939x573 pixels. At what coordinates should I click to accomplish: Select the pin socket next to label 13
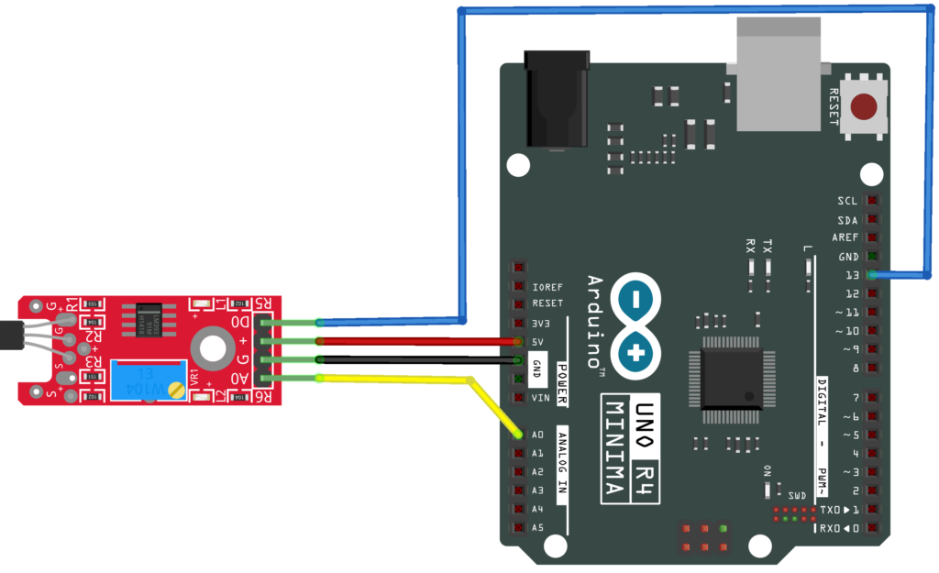[x=872, y=275]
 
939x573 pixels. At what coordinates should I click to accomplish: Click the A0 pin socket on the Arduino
[x=520, y=435]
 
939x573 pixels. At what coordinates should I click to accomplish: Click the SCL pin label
[x=848, y=201]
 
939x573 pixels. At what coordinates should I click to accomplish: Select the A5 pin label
[x=537, y=528]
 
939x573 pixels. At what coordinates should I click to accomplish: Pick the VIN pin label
[x=539, y=398]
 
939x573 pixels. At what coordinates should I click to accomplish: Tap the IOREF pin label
[x=547, y=286]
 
